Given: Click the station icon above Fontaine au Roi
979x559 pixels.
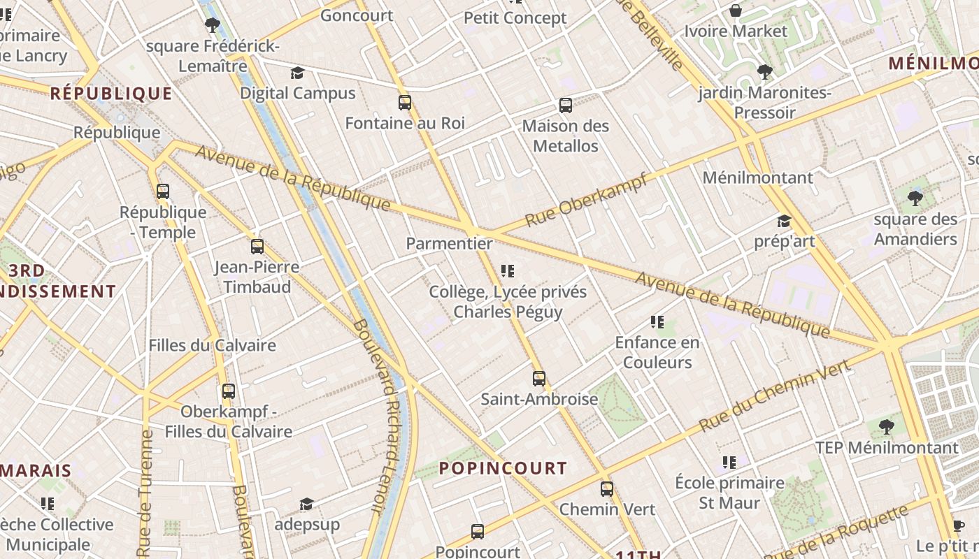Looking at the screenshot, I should [404, 103].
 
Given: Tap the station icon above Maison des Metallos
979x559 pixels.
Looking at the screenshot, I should [566, 106].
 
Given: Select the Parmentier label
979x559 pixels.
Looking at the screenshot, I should [449, 244].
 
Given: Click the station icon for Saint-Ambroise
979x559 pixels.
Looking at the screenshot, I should [539, 379].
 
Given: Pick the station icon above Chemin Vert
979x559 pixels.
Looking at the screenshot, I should [607, 489].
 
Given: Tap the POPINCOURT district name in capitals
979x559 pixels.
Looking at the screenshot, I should [503, 468].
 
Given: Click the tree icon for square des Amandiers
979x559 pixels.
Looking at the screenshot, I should [915, 198].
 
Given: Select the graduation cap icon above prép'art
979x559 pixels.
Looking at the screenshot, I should [784, 222].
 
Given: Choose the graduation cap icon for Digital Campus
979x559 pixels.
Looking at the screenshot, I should [297, 73].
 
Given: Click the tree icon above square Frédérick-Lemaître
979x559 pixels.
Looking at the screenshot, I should [213, 26].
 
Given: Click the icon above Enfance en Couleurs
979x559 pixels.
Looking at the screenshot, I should [657, 322].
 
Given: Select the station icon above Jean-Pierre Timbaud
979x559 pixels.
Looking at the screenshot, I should [257, 247].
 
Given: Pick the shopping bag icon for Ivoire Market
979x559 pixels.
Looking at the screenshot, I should [736, 10].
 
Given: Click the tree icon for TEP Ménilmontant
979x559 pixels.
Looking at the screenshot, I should [886, 426].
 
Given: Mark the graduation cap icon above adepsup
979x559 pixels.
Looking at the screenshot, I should [306, 504].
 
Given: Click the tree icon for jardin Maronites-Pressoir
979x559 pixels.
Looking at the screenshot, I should [764, 72].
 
